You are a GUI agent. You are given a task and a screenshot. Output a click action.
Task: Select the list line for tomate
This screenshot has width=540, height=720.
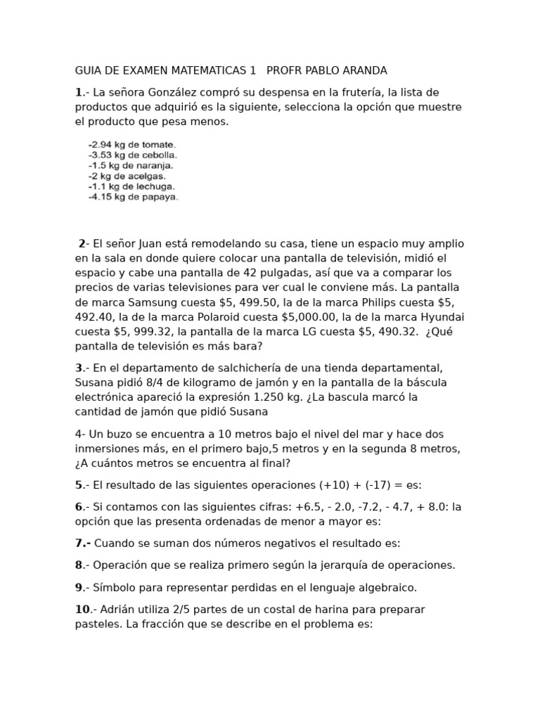pyautogui.click(x=131, y=145)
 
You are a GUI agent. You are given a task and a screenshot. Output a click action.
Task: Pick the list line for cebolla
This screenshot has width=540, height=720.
pyautogui.click(x=132, y=155)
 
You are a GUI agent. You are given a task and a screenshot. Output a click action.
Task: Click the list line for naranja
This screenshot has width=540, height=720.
pyautogui.click(x=131, y=166)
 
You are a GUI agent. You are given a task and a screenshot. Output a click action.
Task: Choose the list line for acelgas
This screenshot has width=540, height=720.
pyautogui.click(x=129, y=176)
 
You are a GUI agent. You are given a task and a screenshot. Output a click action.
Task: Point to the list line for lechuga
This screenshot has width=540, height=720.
pyautogui.click(x=131, y=187)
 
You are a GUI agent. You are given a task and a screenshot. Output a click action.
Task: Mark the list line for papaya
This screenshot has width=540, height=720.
pyautogui.click(x=133, y=198)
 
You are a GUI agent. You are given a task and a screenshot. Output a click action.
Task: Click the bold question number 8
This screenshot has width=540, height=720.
pyautogui.click(x=79, y=565)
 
